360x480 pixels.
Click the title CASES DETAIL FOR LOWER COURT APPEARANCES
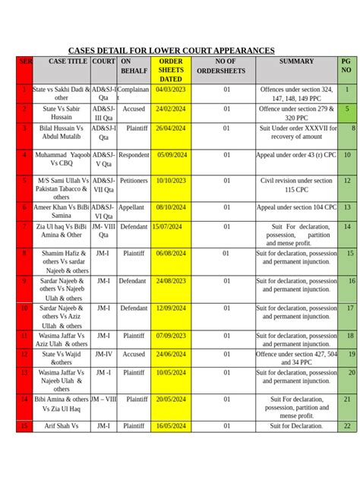172,50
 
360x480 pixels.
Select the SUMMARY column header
296,61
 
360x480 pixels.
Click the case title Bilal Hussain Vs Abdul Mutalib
62,134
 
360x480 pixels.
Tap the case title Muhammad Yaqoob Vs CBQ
62,160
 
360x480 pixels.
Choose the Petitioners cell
134,182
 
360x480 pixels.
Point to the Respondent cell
134,155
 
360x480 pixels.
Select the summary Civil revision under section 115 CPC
296,186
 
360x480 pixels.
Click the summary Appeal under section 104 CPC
296,207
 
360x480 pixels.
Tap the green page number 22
347,426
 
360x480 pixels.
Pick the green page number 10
347,155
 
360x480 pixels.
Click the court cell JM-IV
104,354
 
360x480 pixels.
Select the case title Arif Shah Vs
62,426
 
